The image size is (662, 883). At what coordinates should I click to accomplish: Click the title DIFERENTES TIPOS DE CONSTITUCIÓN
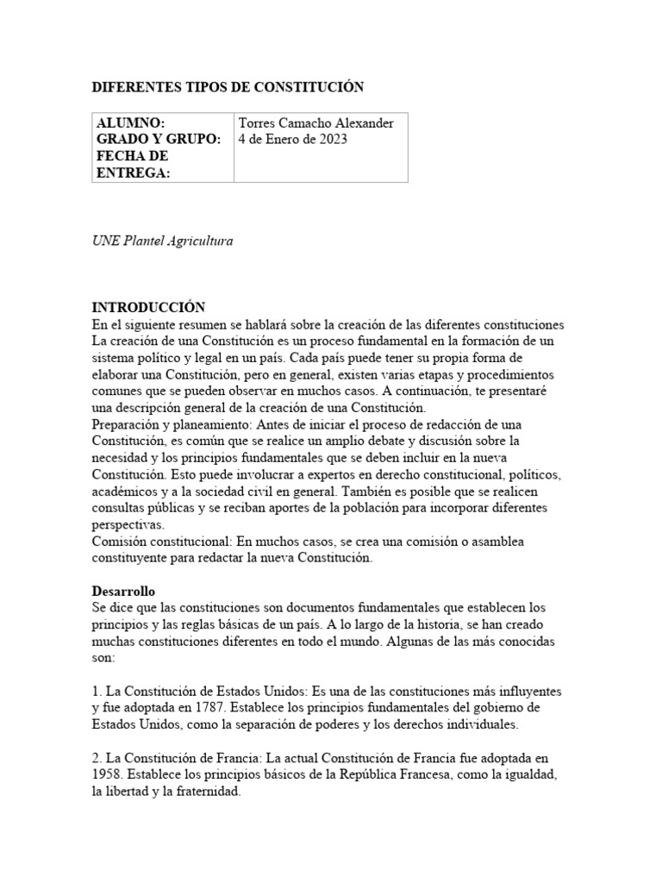click(228, 87)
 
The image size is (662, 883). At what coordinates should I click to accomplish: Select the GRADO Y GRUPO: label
click(159, 140)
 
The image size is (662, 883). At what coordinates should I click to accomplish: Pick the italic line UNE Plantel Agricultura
click(162, 241)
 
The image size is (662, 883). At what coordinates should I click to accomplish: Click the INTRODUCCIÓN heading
click(148, 308)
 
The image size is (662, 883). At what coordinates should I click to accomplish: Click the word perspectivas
click(128, 524)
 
